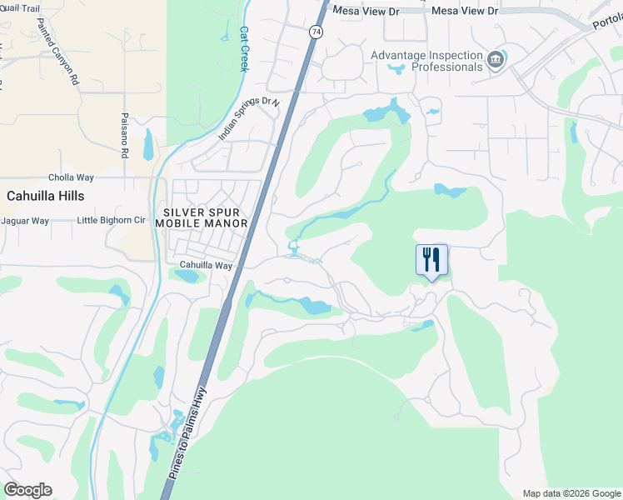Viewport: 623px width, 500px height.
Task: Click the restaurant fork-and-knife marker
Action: click(x=431, y=260)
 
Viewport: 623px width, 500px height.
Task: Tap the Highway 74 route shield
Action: click(x=315, y=32)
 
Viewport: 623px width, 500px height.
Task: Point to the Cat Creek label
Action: click(x=245, y=48)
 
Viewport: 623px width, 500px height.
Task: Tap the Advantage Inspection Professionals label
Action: click(x=426, y=61)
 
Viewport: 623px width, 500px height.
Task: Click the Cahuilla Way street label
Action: click(x=206, y=265)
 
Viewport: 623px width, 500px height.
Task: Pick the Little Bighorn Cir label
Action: click(x=111, y=221)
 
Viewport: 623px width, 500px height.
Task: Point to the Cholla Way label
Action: click(x=72, y=177)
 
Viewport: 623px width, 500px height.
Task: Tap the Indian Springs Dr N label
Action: click(x=247, y=118)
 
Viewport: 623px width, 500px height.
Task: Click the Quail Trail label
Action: click(x=20, y=8)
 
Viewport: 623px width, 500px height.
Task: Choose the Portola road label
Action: click(x=606, y=23)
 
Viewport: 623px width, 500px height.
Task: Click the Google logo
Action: click(x=27, y=490)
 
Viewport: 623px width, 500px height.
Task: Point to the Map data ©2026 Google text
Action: click(x=571, y=493)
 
